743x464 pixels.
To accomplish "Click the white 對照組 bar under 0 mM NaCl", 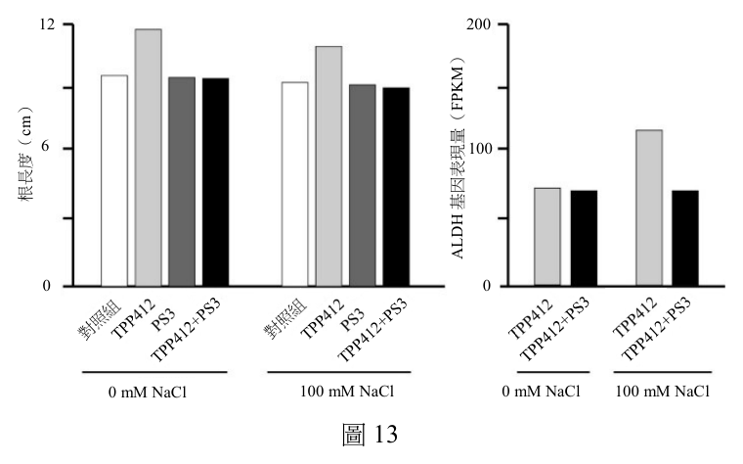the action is (114, 181).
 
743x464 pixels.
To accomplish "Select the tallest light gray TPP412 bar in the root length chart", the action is (148, 158).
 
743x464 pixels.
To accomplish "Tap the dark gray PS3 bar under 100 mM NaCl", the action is (363, 186).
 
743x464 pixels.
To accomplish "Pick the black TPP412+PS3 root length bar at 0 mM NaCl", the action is (216, 182).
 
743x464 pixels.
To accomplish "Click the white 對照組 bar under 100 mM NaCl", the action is (294, 184).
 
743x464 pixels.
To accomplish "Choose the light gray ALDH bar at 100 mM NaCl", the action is (649, 208).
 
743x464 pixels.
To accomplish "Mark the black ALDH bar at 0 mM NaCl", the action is (584, 238).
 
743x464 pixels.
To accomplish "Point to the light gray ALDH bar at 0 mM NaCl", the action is (547, 237).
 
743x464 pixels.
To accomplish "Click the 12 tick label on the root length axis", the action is (47, 24).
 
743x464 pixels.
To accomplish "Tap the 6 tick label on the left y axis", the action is (46, 147).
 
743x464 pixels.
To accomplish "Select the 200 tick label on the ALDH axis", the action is (479, 24).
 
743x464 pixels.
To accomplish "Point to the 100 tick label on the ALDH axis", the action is (480, 149).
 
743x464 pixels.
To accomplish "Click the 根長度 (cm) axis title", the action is (24, 154).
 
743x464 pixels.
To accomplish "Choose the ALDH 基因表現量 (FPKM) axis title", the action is (458, 158).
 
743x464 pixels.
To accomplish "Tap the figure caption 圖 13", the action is (371, 434).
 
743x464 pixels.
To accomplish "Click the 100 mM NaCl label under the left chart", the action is (347, 392).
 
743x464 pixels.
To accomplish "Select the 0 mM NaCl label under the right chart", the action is (541, 392).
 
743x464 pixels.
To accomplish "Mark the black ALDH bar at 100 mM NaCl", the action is (685, 238).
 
